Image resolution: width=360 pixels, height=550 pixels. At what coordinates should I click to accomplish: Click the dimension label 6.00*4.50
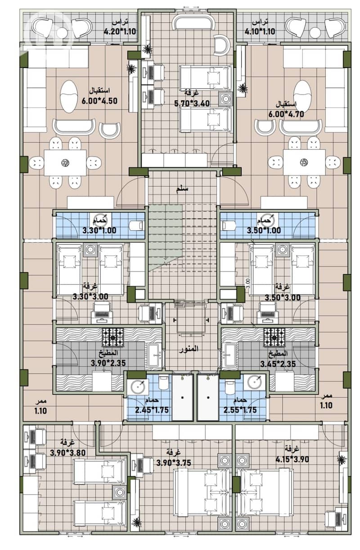99,101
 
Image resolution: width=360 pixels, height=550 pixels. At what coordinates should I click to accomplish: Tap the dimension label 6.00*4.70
286,114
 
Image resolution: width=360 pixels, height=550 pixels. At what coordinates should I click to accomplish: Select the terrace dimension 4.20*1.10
120,32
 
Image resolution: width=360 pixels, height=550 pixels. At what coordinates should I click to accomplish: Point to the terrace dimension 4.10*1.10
260,32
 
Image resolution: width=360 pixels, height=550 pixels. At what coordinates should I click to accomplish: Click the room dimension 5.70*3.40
192,104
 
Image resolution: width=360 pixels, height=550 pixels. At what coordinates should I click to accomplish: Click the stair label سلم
182,189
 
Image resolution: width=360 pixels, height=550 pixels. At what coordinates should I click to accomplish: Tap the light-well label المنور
189,349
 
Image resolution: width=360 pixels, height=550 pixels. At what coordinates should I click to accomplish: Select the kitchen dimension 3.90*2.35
108,363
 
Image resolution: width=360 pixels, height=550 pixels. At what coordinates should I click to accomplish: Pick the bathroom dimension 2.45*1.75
152,410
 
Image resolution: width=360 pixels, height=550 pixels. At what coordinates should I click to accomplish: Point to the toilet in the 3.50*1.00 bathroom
229,225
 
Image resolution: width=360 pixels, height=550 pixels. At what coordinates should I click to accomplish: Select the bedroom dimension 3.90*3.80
68,452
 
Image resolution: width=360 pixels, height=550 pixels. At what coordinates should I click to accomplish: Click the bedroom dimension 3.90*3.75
174,463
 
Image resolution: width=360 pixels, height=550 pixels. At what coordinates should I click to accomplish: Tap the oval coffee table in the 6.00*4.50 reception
68,96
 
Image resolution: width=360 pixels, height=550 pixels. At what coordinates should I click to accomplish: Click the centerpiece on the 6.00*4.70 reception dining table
304,162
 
